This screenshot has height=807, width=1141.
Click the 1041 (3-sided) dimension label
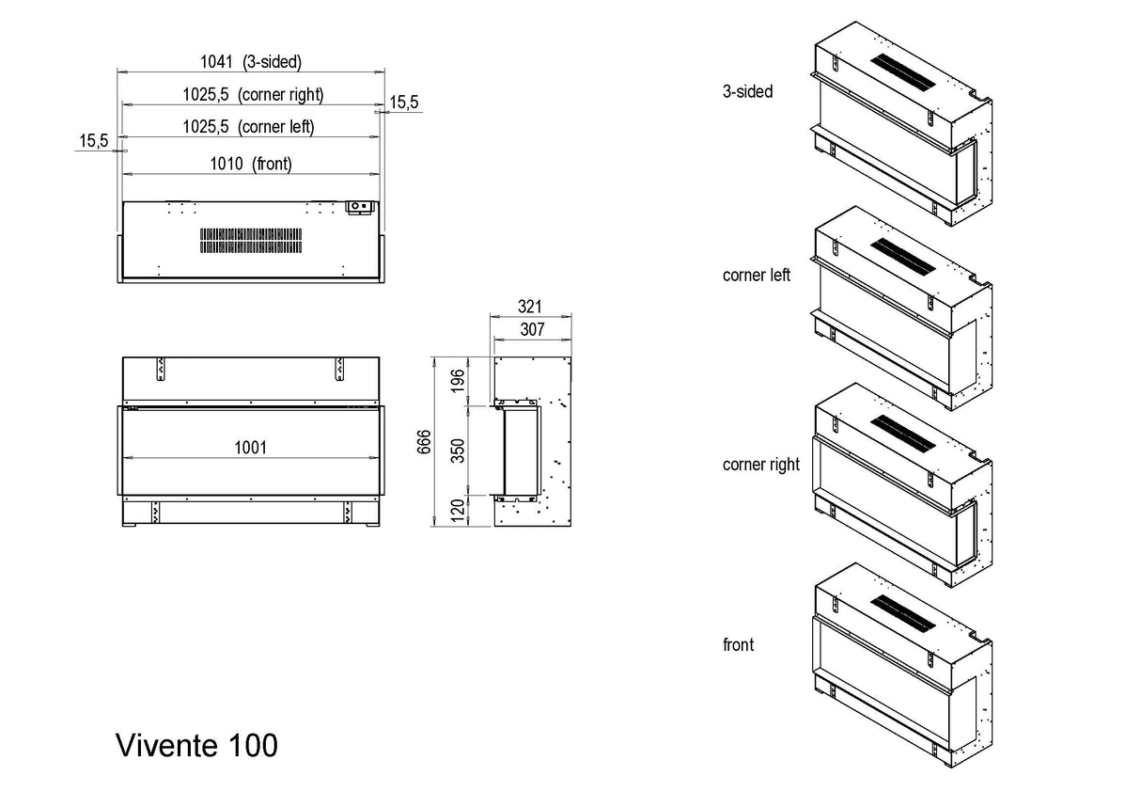[x=251, y=62]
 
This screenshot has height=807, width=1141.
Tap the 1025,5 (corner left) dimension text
[x=248, y=126]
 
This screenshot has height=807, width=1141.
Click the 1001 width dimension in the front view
[x=250, y=448]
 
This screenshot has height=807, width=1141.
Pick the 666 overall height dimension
[x=424, y=440]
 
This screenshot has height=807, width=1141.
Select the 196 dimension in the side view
[x=458, y=380]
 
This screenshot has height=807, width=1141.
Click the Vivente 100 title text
[x=196, y=745]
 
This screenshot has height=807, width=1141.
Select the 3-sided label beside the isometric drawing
[x=748, y=92]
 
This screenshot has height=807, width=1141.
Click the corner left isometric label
[x=757, y=276]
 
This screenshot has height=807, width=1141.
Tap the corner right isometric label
[x=761, y=465]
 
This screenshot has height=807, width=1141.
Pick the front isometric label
[x=739, y=645]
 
